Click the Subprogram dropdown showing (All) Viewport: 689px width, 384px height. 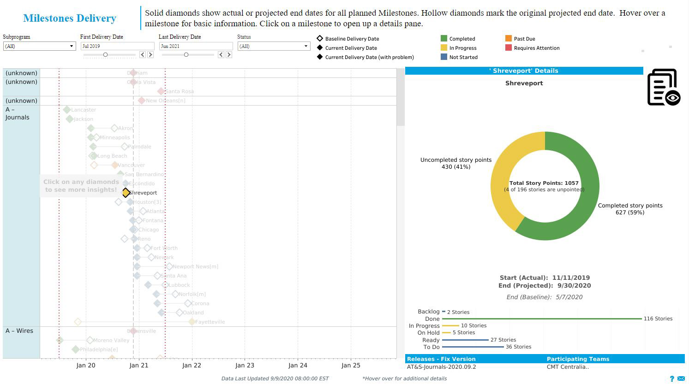(x=39, y=46)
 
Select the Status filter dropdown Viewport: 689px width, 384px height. (x=274, y=46)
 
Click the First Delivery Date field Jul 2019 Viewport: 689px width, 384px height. (x=117, y=46)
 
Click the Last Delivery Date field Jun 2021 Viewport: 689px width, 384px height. (x=196, y=46)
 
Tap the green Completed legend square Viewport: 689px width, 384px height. (x=444, y=39)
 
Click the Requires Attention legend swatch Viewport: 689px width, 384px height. (x=509, y=48)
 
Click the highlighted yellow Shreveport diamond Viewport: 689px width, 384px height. (x=126, y=193)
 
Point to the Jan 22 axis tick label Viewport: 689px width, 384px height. (x=192, y=366)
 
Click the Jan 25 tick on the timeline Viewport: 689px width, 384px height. (x=351, y=366)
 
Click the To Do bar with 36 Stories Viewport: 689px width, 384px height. (x=473, y=347)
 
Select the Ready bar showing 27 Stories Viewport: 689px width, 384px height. (x=465, y=340)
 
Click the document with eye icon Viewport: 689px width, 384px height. (x=663, y=87)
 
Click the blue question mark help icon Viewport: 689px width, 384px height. (x=672, y=378)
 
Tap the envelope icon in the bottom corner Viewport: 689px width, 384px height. (x=681, y=378)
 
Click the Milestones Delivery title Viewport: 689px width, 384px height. (x=70, y=18)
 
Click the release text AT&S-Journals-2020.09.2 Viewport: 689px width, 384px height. (x=441, y=367)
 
